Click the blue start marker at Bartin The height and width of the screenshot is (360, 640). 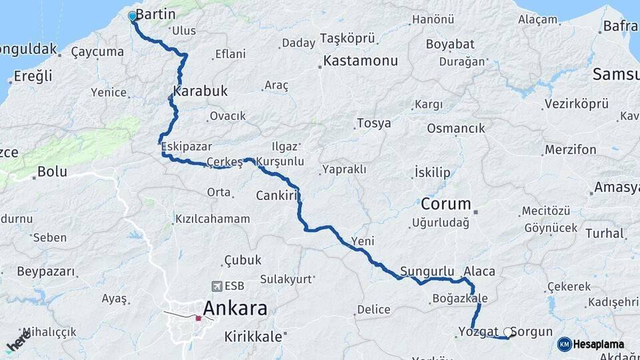pyautogui.click(x=132, y=16)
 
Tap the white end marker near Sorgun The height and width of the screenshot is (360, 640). pyautogui.click(x=509, y=332)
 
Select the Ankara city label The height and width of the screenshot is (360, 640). pyautogui.click(x=235, y=309)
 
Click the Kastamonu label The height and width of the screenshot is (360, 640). pyautogui.click(x=360, y=61)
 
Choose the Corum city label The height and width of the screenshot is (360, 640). pyautogui.click(x=445, y=204)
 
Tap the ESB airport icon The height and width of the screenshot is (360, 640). pyautogui.click(x=216, y=286)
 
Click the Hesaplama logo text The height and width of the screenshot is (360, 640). pyautogui.click(x=599, y=345)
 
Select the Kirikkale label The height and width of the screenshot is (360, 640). pyautogui.click(x=253, y=337)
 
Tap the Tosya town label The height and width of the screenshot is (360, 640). pyautogui.click(x=373, y=123)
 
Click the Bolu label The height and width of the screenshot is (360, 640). pyautogui.click(x=52, y=172)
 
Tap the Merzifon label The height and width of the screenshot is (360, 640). pyautogui.click(x=570, y=150)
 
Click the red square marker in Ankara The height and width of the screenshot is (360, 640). pyautogui.click(x=198, y=317)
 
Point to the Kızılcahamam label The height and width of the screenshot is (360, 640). pyautogui.click(x=213, y=219)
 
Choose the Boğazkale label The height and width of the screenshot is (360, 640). pyautogui.click(x=460, y=298)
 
